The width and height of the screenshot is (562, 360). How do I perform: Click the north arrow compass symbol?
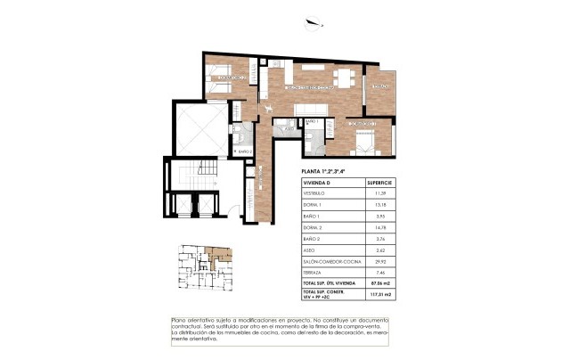pos(312,24)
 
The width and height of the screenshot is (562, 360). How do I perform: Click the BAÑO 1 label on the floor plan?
pos(311,120)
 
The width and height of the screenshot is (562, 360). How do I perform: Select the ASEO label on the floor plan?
pos(290,128)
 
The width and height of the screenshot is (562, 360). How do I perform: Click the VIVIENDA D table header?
pos(320,182)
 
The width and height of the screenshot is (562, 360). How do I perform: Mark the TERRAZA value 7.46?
pos(379,273)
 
